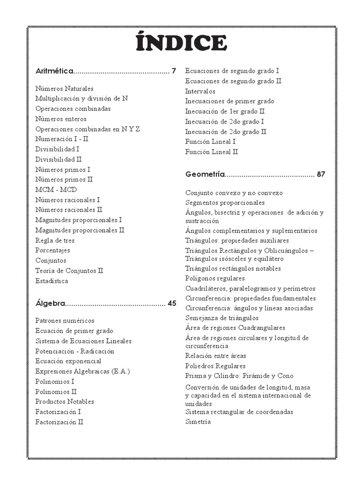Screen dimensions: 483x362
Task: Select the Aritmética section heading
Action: coord(54,71)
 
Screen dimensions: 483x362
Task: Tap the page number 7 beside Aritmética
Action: coord(173,71)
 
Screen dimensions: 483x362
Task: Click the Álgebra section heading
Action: coord(50,303)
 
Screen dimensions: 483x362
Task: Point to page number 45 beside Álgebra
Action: coord(172,303)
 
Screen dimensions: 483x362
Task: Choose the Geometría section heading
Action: coord(205,174)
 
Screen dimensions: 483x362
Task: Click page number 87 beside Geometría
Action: coord(321,174)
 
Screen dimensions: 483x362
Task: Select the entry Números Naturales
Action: coord(64,89)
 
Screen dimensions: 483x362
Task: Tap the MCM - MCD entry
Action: coord(56,190)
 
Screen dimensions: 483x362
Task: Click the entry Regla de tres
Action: coord(55,241)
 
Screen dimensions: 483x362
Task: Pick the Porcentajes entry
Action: coord(52,250)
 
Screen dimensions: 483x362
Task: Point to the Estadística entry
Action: coord(51,281)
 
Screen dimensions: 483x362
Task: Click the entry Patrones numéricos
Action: coord(65,321)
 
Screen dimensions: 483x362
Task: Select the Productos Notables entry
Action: coord(65,402)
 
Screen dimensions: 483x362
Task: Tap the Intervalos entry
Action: coord(200,91)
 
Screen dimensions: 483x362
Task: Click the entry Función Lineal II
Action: coord(211,152)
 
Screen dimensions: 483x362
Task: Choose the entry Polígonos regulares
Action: coord(214,278)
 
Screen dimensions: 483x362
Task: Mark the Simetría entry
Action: coord(198,422)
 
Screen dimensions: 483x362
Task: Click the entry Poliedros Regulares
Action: coord(215,366)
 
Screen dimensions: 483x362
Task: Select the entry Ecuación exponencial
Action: coord(68,361)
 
